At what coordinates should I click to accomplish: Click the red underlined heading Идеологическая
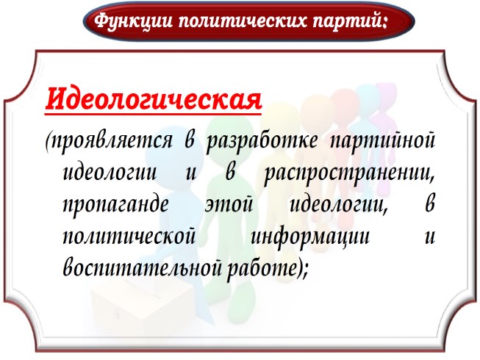tap(154, 98)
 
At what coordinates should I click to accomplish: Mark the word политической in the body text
tap(130, 239)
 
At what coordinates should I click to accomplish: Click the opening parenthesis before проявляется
tap(48, 142)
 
